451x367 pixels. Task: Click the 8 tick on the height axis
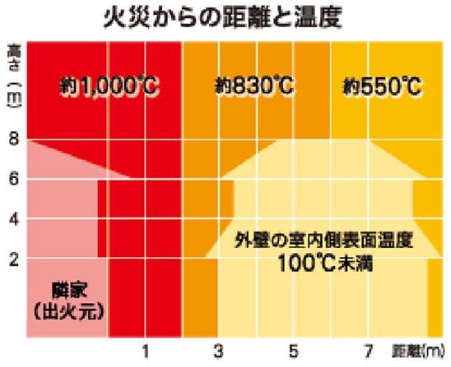click(x=13, y=140)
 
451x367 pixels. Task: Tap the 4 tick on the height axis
click(x=13, y=219)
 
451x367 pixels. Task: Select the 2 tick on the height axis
click(x=13, y=259)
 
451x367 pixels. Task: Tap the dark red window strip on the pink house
click(x=103, y=218)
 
